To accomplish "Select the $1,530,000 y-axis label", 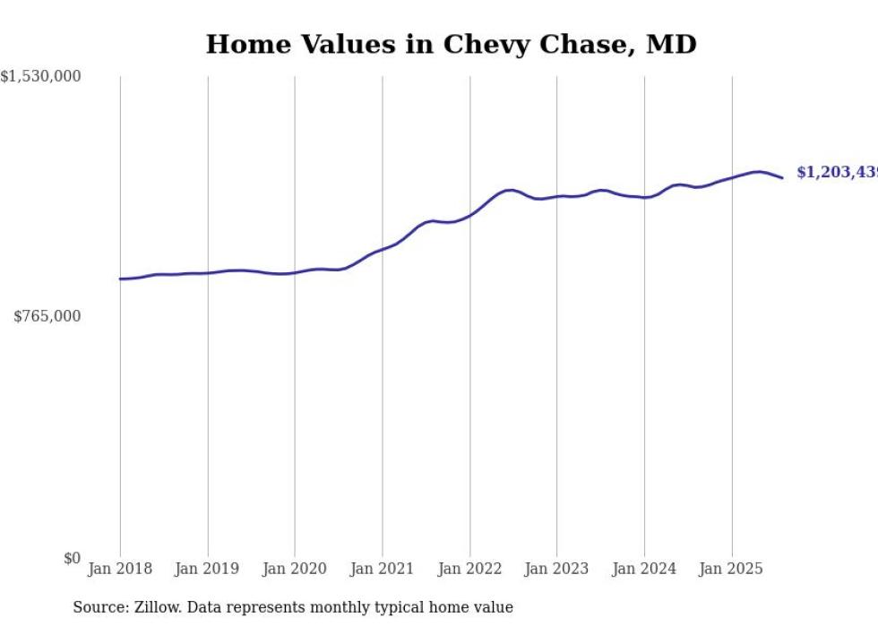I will pyautogui.click(x=40, y=77).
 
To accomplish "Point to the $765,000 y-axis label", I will pyautogui.click(x=47, y=316).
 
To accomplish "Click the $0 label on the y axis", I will pyautogui.click(x=72, y=558).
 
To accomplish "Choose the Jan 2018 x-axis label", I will pyautogui.click(x=120, y=569).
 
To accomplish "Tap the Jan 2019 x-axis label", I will pyautogui.click(x=208, y=569).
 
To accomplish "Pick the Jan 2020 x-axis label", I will pyautogui.click(x=295, y=569).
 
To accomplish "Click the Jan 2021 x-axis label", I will pyautogui.click(x=383, y=569).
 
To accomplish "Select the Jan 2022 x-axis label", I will pyautogui.click(x=469, y=569).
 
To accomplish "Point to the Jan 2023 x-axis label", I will pyautogui.click(x=556, y=569).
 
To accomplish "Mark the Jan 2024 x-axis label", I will pyautogui.click(x=644, y=569).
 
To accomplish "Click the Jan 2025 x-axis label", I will pyautogui.click(x=731, y=569).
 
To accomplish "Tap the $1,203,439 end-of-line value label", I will pyautogui.click(x=837, y=172).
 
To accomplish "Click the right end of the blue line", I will pyautogui.click(x=782, y=177).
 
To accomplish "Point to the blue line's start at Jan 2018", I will pyautogui.click(x=120, y=279).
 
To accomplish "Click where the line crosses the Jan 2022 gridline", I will pyautogui.click(x=469, y=215).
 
